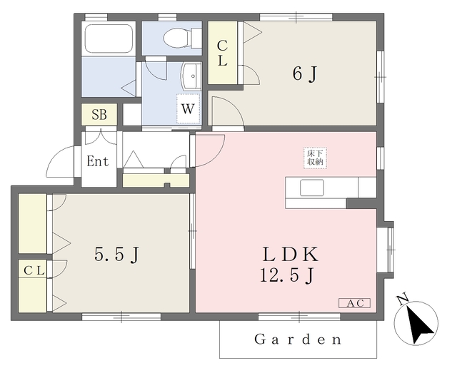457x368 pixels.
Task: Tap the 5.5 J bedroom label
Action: point(115,255)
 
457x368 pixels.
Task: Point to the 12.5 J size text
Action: point(289,275)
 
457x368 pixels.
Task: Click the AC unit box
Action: point(354,303)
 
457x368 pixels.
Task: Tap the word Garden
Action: point(298,339)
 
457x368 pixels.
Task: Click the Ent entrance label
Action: point(98,161)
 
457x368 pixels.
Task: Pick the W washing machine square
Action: point(188,109)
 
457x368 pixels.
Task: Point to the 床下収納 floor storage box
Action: point(316,158)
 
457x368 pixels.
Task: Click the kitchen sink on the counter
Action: point(311,188)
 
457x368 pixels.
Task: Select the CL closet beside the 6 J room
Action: point(223,54)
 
